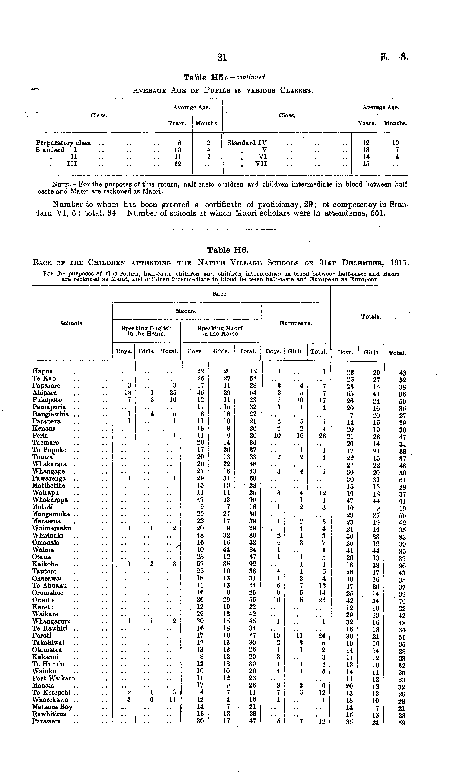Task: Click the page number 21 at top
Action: point(222,57)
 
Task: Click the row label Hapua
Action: point(43,371)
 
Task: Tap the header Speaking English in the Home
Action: point(146,331)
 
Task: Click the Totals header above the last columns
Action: point(371,317)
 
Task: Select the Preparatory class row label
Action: point(63,143)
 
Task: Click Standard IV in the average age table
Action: point(247,143)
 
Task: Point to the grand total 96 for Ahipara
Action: point(402,395)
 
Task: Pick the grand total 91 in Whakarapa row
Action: point(402,501)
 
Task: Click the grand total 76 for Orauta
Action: point(402,601)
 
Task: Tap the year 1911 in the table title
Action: point(399,263)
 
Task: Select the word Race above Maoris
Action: point(220,294)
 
